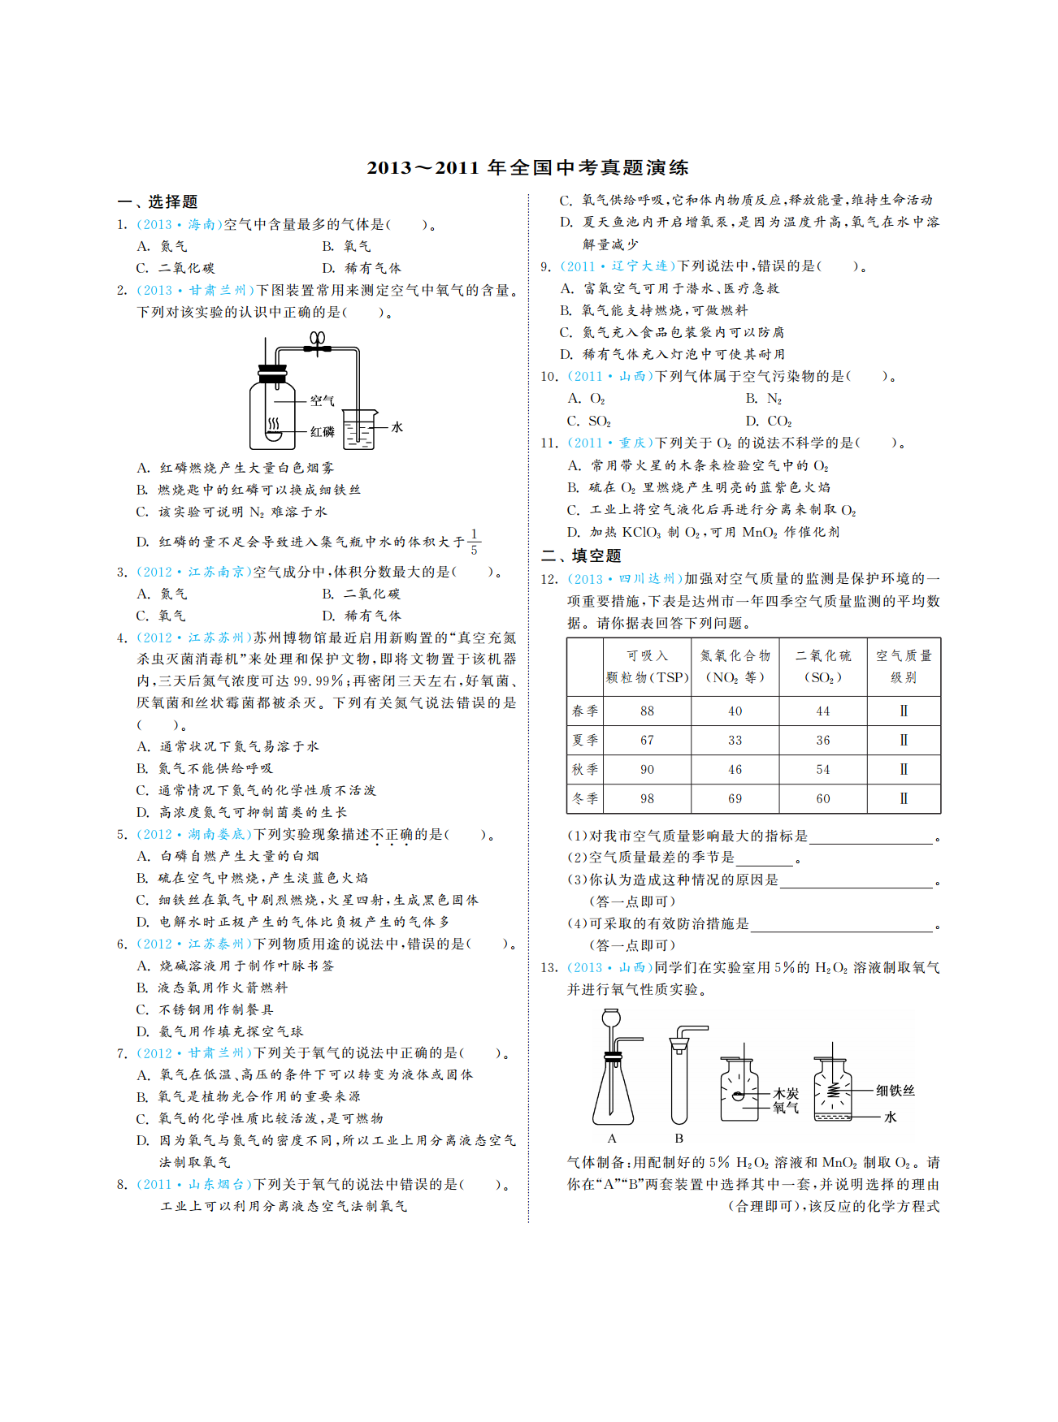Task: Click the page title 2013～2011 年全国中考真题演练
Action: coord(527,168)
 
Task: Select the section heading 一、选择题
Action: coord(158,201)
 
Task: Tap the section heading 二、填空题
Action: coord(581,555)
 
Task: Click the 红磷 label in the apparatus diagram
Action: coord(322,431)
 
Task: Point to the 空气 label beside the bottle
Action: coord(322,400)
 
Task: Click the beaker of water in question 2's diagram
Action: coord(359,430)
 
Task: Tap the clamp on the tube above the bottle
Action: coord(317,342)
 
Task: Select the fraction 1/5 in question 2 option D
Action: coord(475,542)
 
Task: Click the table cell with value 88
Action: coord(647,711)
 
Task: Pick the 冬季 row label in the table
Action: coord(585,798)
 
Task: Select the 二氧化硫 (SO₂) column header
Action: coord(822,666)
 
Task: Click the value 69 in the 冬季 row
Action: coord(735,798)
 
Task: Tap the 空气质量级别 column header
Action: coord(904,666)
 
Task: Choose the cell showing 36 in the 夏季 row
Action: coord(822,740)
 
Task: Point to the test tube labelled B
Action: coord(679,1080)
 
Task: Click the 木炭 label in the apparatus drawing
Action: coord(785,1093)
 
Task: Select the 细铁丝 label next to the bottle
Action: coord(895,1091)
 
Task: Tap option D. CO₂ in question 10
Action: coord(769,421)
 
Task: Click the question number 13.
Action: coord(549,967)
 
